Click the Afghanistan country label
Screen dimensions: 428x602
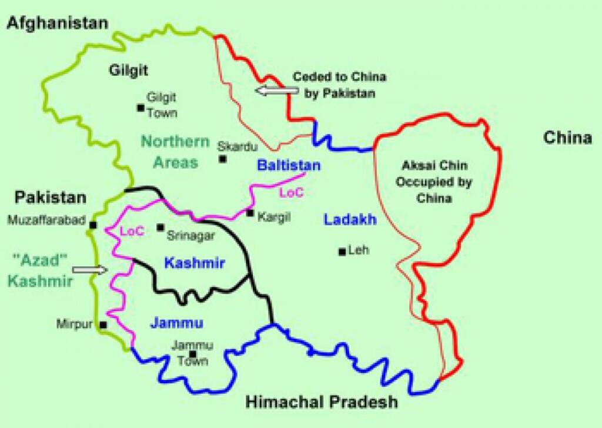pos(57,23)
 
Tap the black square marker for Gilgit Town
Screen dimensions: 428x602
pos(141,108)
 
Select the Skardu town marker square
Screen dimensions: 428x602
pos(222,159)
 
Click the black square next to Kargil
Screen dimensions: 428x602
pos(250,213)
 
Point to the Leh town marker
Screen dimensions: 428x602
pos(342,252)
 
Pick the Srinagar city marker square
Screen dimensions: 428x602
pos(160,227)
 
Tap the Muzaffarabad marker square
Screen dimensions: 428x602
pos(93,225)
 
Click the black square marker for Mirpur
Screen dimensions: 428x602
pos(103,325)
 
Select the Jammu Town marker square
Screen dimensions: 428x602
pos(193,354)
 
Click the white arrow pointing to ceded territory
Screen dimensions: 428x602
pos(277,90)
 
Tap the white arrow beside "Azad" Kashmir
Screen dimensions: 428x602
pos(93,269)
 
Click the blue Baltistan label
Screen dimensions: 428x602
pos(289,166)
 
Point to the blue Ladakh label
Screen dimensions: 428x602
pos(350,220)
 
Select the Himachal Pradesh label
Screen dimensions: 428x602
pos(320,403)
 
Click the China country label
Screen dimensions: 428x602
pos(567,138)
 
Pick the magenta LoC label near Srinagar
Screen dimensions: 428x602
pos(132,231)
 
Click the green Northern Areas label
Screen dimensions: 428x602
pos(175,152)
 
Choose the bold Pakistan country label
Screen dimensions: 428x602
pos(51,198)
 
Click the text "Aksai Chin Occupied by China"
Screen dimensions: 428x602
pos(434,181)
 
